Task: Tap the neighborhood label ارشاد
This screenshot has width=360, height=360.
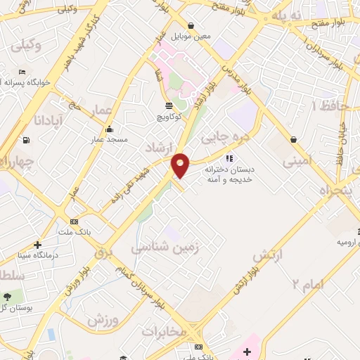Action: pyautogui.click(x=158, y=147)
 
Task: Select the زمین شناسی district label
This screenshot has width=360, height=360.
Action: pyautogui.click(x=165, y=247)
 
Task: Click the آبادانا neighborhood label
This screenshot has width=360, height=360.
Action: pyautogui.click(x=48, y=121)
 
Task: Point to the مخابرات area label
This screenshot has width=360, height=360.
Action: pyautogui.click(x=164, y=330)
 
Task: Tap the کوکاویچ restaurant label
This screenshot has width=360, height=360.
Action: pyautogui.click(x=169, y=117)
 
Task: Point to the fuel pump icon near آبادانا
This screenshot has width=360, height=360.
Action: pyautogui.click(x=27, y=140)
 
